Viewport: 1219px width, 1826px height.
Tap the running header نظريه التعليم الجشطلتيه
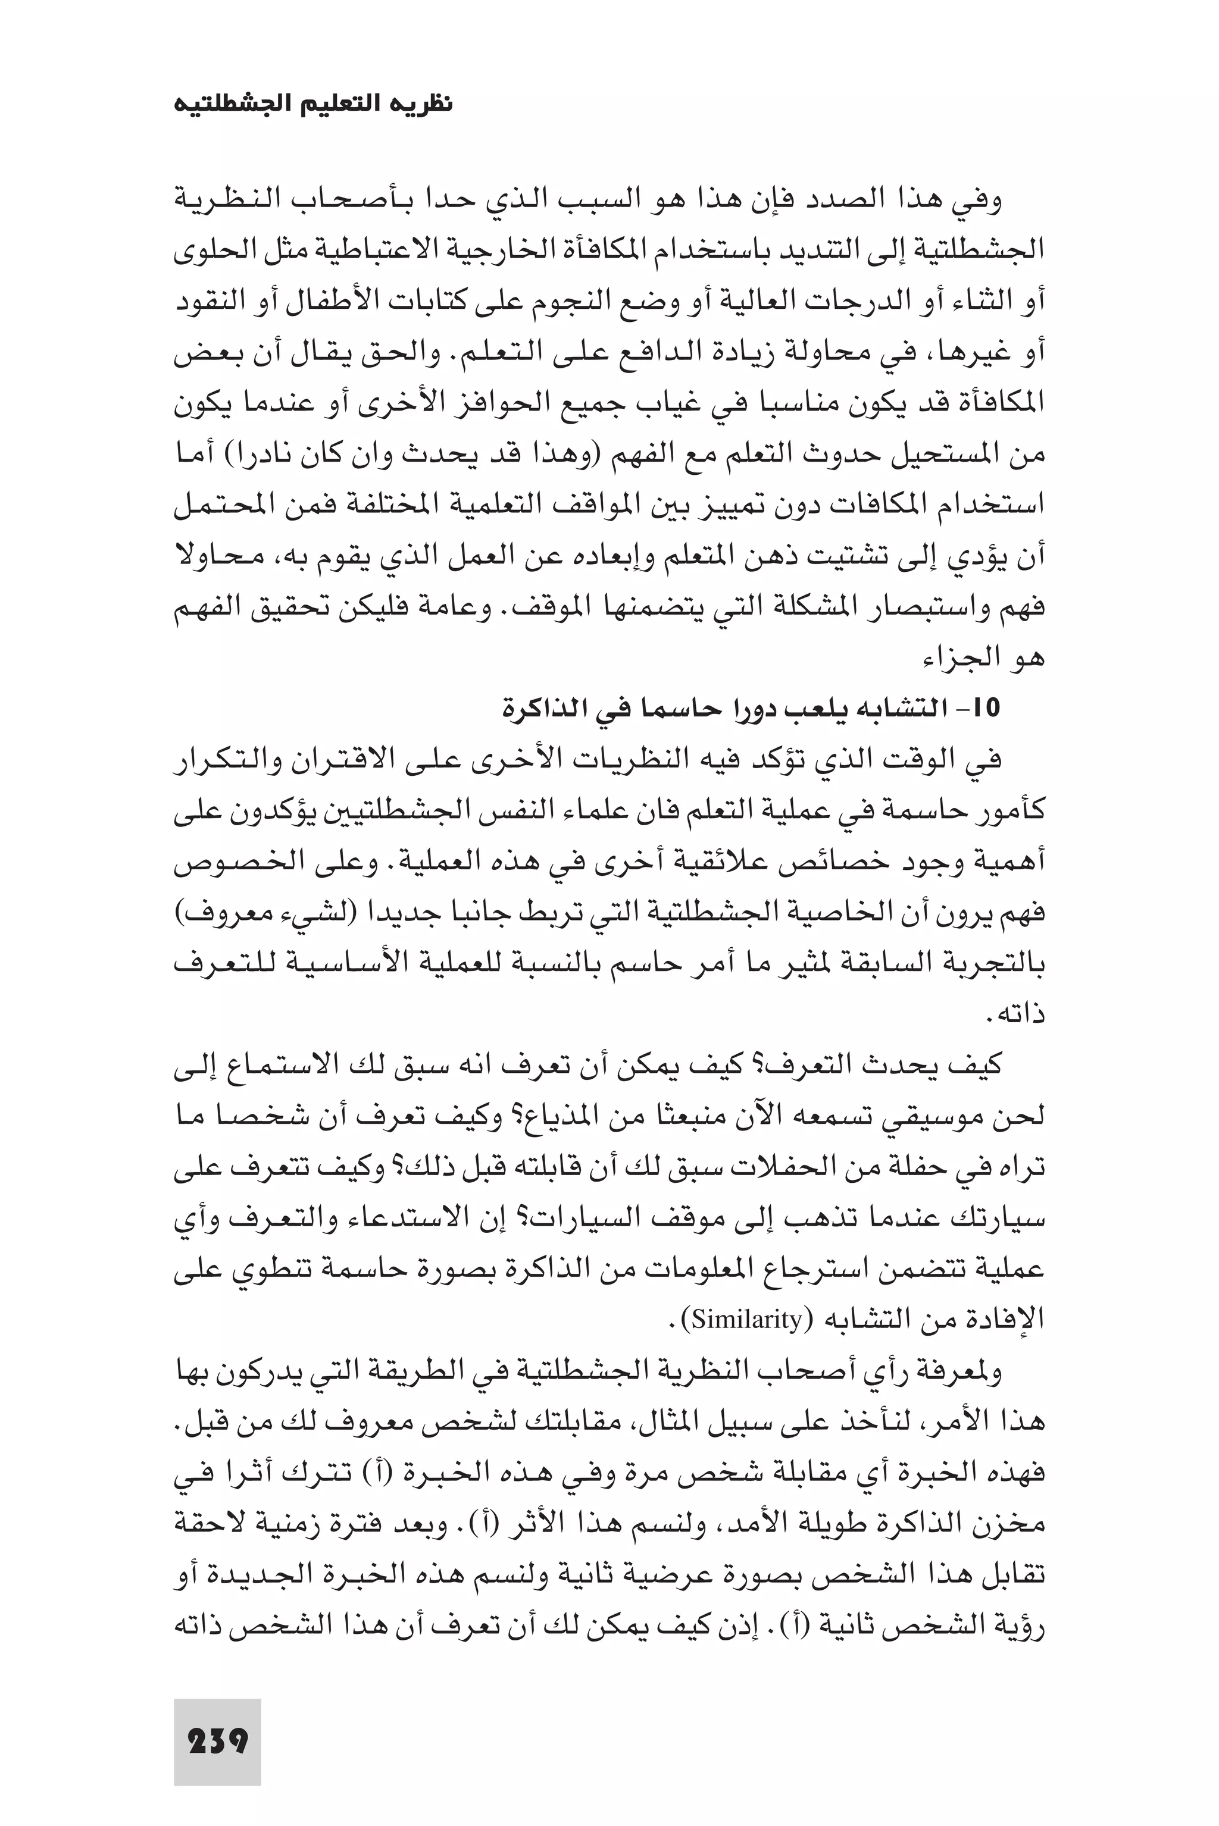click(312, 104)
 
